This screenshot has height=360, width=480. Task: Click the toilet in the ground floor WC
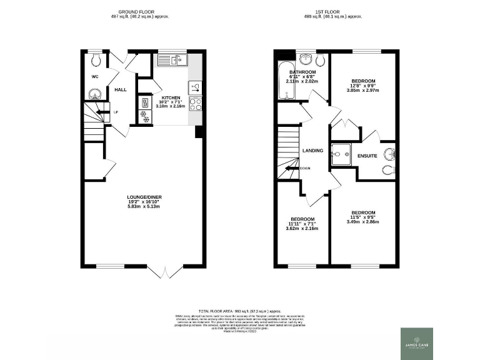tap(94, 61)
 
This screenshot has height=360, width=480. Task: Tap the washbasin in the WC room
tap(93, 94)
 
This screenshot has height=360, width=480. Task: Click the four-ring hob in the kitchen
tap(194, 104)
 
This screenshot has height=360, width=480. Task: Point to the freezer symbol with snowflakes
tap(146, 119)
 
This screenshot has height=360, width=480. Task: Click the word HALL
tap(120, 90)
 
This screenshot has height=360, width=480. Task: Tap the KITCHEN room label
tap(171, 98)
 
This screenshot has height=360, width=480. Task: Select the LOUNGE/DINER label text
tap(144, 197)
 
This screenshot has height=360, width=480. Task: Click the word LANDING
tap(312, 151)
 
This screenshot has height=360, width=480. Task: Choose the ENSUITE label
tap(367, 156)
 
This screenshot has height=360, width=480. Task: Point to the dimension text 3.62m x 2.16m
tap(302, 228)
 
